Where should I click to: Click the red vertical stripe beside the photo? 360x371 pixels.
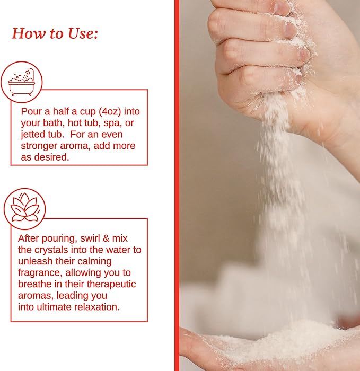(177, 185)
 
